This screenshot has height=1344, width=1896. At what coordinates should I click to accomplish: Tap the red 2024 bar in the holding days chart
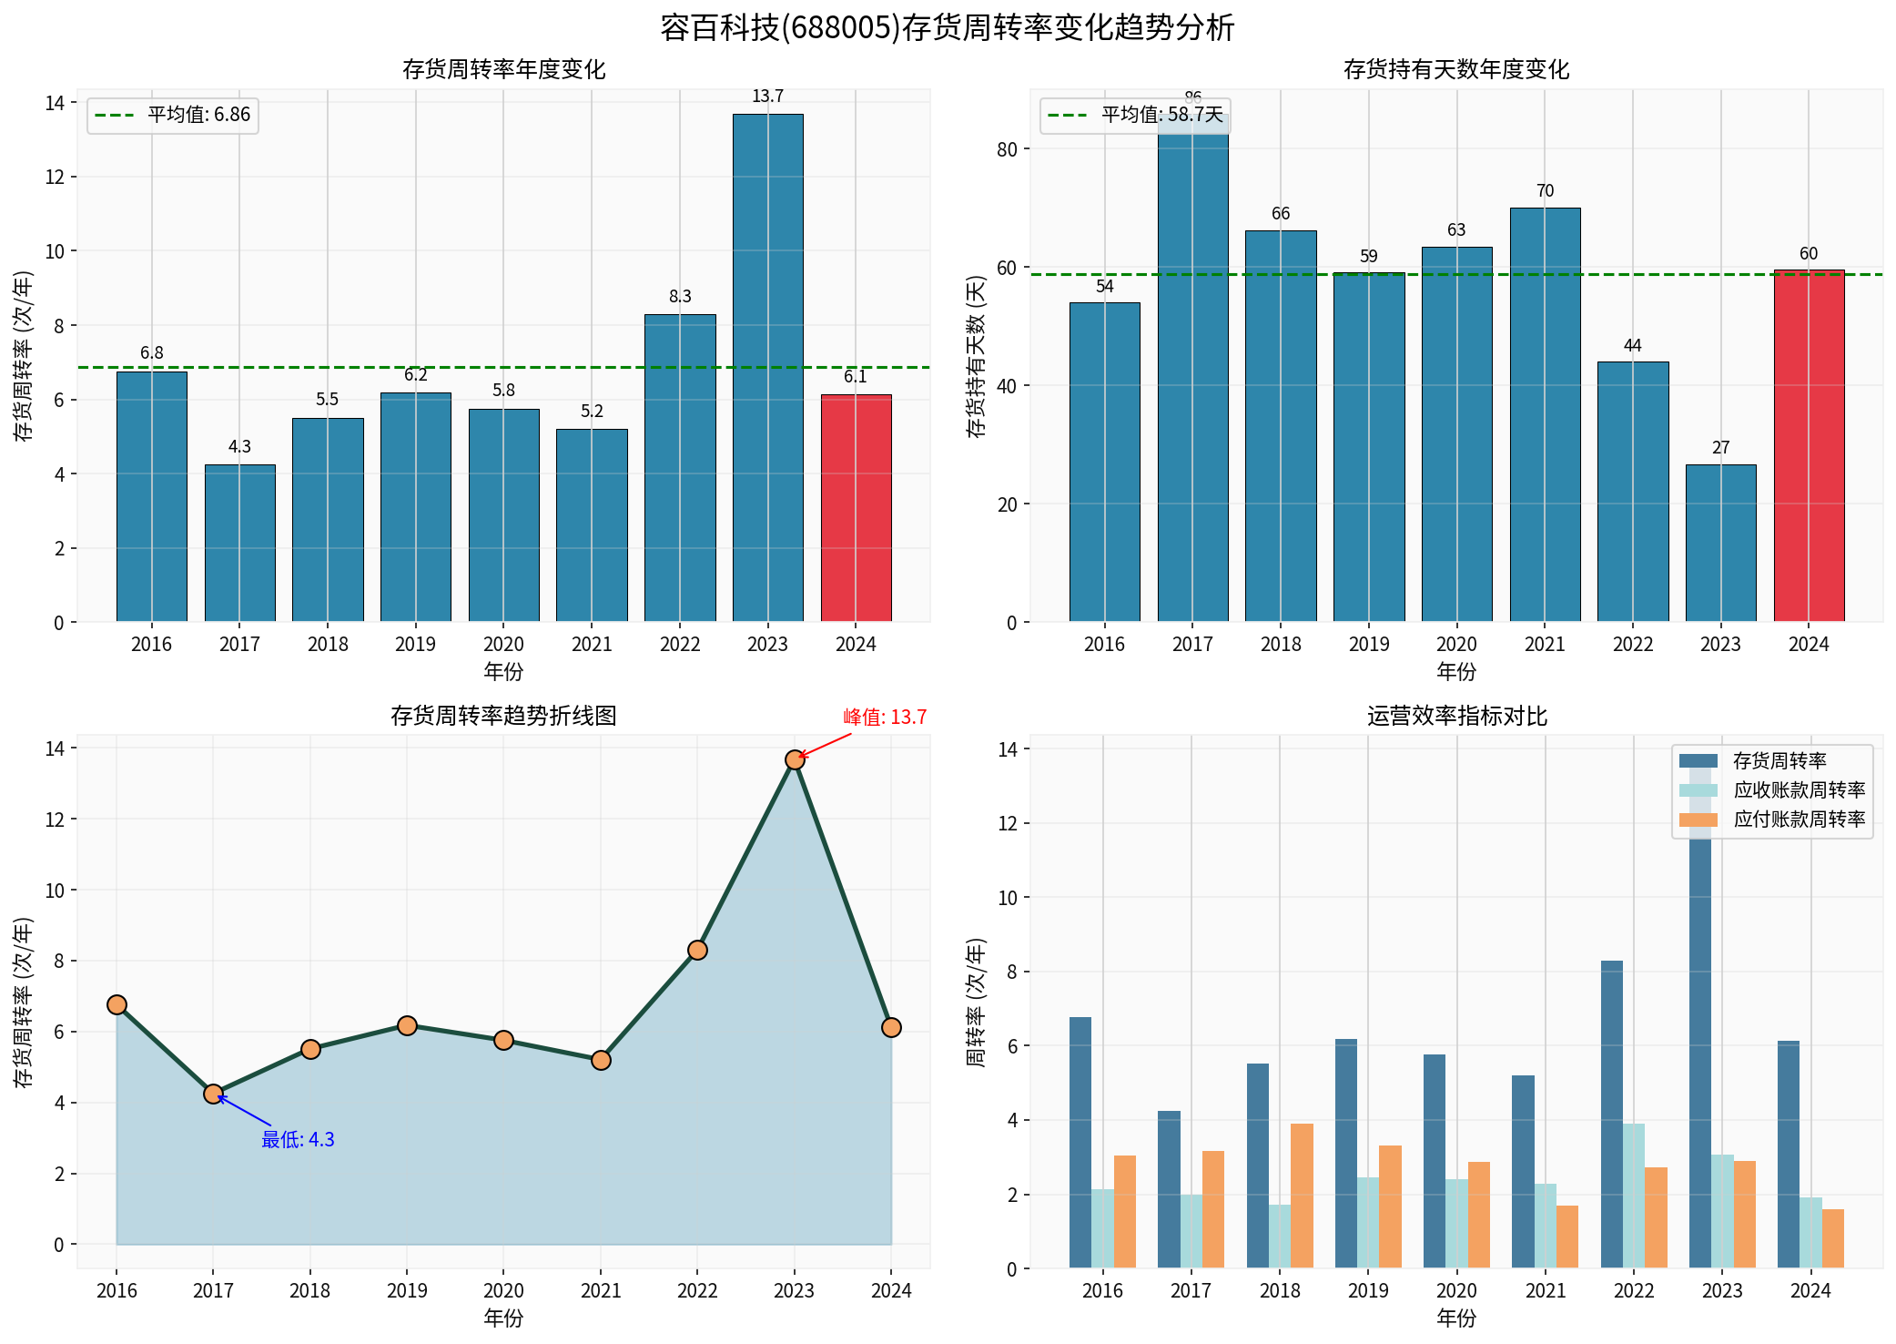pos(1809,446)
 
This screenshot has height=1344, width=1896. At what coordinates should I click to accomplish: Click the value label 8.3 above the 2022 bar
pos(680,297)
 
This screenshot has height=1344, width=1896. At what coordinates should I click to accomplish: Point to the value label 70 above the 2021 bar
pos(1545,191)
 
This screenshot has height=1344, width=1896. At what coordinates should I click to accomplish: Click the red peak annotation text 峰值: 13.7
pos(885,718)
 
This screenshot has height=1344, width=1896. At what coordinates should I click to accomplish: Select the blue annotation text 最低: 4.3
pos(298,1140)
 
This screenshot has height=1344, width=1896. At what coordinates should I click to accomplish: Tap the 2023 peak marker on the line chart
pos(795,759)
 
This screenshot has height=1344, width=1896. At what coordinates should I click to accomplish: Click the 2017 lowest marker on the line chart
pos(213,1094)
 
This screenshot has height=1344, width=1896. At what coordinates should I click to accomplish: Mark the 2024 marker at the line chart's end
pos(891,1027)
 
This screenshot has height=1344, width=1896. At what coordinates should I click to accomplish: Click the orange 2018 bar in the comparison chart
pos(1302,1196)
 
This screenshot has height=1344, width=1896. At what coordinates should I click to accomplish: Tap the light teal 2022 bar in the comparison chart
pos(1634,1196)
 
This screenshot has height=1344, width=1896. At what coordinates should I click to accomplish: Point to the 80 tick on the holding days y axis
pos(1007,149)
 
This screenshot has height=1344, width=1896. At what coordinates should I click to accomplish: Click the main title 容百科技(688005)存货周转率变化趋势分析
pos(948,28)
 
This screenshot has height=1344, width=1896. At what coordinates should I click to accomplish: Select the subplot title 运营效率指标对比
pos(1456,717)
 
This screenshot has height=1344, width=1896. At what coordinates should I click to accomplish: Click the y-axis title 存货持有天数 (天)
pos(976,356)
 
